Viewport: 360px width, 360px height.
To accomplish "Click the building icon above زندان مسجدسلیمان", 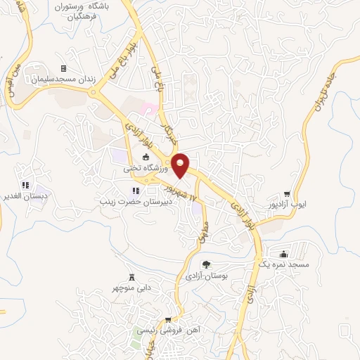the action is pos(63,68).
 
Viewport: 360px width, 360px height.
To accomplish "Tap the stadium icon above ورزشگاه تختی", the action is pos(146,157).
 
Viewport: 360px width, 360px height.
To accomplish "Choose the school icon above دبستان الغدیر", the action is pos(25,185).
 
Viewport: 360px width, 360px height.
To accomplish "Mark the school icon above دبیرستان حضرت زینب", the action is pos(135,191).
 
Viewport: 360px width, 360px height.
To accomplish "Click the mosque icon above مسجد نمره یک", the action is pos(283,254).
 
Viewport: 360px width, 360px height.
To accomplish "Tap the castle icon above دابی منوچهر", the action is pos(131,277).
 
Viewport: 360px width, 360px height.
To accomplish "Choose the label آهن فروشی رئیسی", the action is pos(167,330).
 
